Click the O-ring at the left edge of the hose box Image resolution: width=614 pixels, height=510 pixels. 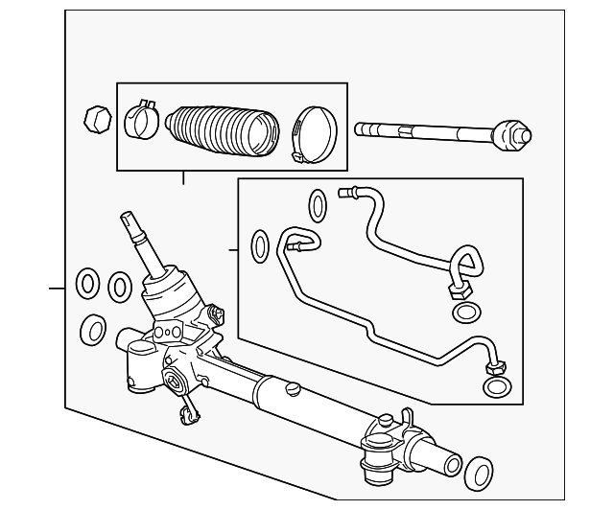coord(260,245)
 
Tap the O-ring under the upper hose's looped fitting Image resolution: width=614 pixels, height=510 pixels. coord(467,313)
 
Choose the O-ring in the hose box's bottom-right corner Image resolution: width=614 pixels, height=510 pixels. coord(497,386)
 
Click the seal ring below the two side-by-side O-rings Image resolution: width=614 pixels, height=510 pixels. coord(92,330)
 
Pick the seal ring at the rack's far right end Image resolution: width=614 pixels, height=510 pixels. coord(477,473)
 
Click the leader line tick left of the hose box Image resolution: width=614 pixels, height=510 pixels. coord(232,251)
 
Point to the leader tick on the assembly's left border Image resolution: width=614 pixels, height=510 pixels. coord(57,287)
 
